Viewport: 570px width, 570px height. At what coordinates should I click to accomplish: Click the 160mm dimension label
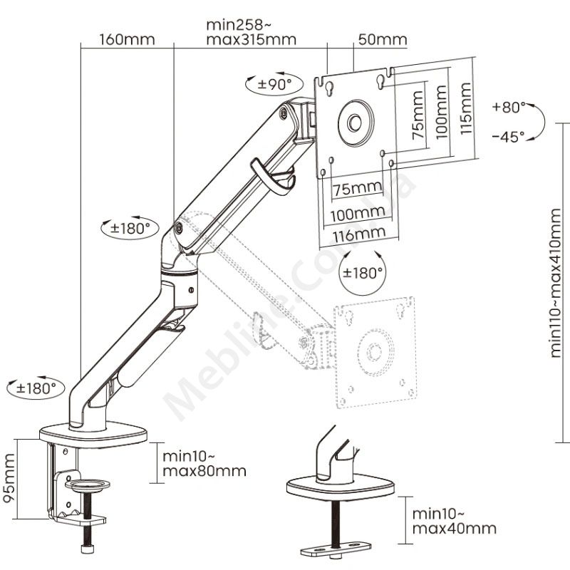pos(127,39)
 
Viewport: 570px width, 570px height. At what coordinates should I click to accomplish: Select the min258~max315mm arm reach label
pos(251,31)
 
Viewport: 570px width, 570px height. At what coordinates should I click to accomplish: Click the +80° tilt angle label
pos(508,108)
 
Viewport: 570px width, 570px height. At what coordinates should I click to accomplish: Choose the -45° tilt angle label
pos(508,135)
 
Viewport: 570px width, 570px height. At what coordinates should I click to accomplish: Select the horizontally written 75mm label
pos(356,188)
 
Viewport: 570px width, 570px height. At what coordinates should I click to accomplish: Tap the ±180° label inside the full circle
pos(363,272)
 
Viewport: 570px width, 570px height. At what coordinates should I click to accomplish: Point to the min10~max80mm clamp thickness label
pos(204,463)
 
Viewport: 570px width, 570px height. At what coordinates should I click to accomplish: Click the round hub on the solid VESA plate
pos(354,122)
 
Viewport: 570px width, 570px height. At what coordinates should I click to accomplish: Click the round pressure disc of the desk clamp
pos(88,484)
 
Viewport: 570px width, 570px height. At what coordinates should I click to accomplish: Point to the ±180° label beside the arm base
pos(36,388)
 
